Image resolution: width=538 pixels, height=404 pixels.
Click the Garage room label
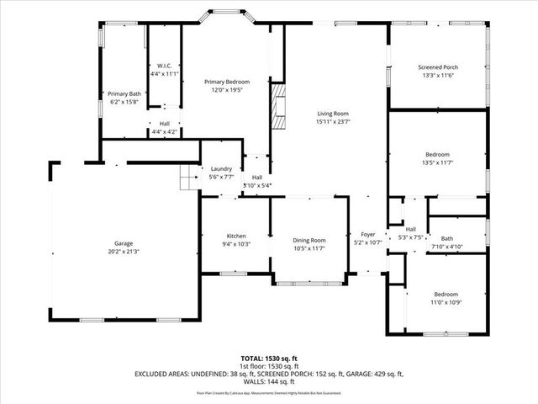pyautogui.click(x=124, y=244)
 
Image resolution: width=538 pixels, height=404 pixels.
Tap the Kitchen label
pyautogui.click(x=235, y=236)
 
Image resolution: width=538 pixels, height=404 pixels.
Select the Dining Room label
pyautogui.click(x=309, y=240)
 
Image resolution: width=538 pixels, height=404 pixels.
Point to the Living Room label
pyautogui.click(x=332, y=114)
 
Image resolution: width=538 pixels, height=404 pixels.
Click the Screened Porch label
pyautogui.click(x=437, y=67)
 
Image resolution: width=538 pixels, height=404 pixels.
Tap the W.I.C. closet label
pyautogui.click(x=165, y=66)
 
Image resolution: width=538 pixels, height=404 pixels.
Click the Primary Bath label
pyautogui.click(x=124, y=93)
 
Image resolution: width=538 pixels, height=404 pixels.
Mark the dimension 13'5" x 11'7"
pyautogui.click(x=437, y=163)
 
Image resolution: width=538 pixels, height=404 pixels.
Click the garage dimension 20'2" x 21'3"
pyautogui.click(x=124, y=252)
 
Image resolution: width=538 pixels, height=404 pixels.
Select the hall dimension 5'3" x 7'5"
pyautogui.click(x=411, y=237)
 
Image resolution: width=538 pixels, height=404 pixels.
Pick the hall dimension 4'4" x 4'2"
pyautogui.click(x=165, y=132)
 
